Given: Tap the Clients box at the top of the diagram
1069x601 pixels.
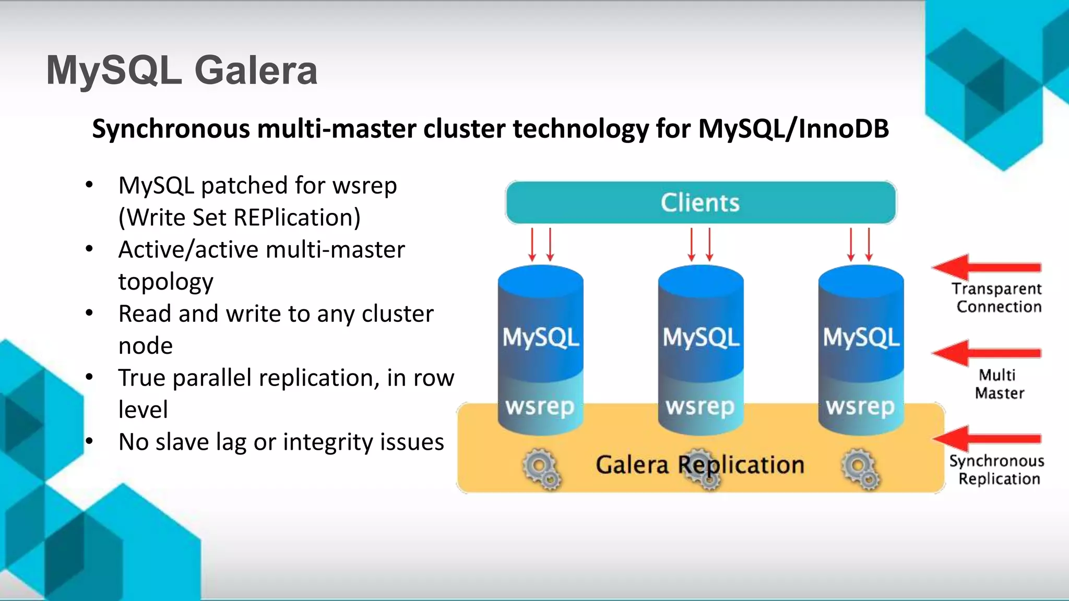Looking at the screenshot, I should click(700, 202).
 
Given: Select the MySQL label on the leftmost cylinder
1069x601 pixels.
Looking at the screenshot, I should click(540, 338).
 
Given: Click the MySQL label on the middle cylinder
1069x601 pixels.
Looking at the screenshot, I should click(700, 338).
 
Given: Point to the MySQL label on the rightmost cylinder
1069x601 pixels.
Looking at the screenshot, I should click(861, 338).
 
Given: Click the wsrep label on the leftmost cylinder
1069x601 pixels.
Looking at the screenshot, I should click(540, 406).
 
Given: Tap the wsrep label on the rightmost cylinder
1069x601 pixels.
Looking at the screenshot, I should click(860, 406).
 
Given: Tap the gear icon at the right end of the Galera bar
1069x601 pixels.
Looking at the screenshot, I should click(860, 468).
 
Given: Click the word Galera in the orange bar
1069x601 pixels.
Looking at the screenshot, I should click(632, 465).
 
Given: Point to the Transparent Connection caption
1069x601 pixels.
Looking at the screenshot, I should click(997, 298).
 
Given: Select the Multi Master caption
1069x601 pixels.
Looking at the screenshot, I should click(999, 384).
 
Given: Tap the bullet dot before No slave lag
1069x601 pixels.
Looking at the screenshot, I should click(89, 441).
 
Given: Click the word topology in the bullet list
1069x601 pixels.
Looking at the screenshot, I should click(165, 282).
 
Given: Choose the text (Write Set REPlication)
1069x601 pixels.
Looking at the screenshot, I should click(239, 218).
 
